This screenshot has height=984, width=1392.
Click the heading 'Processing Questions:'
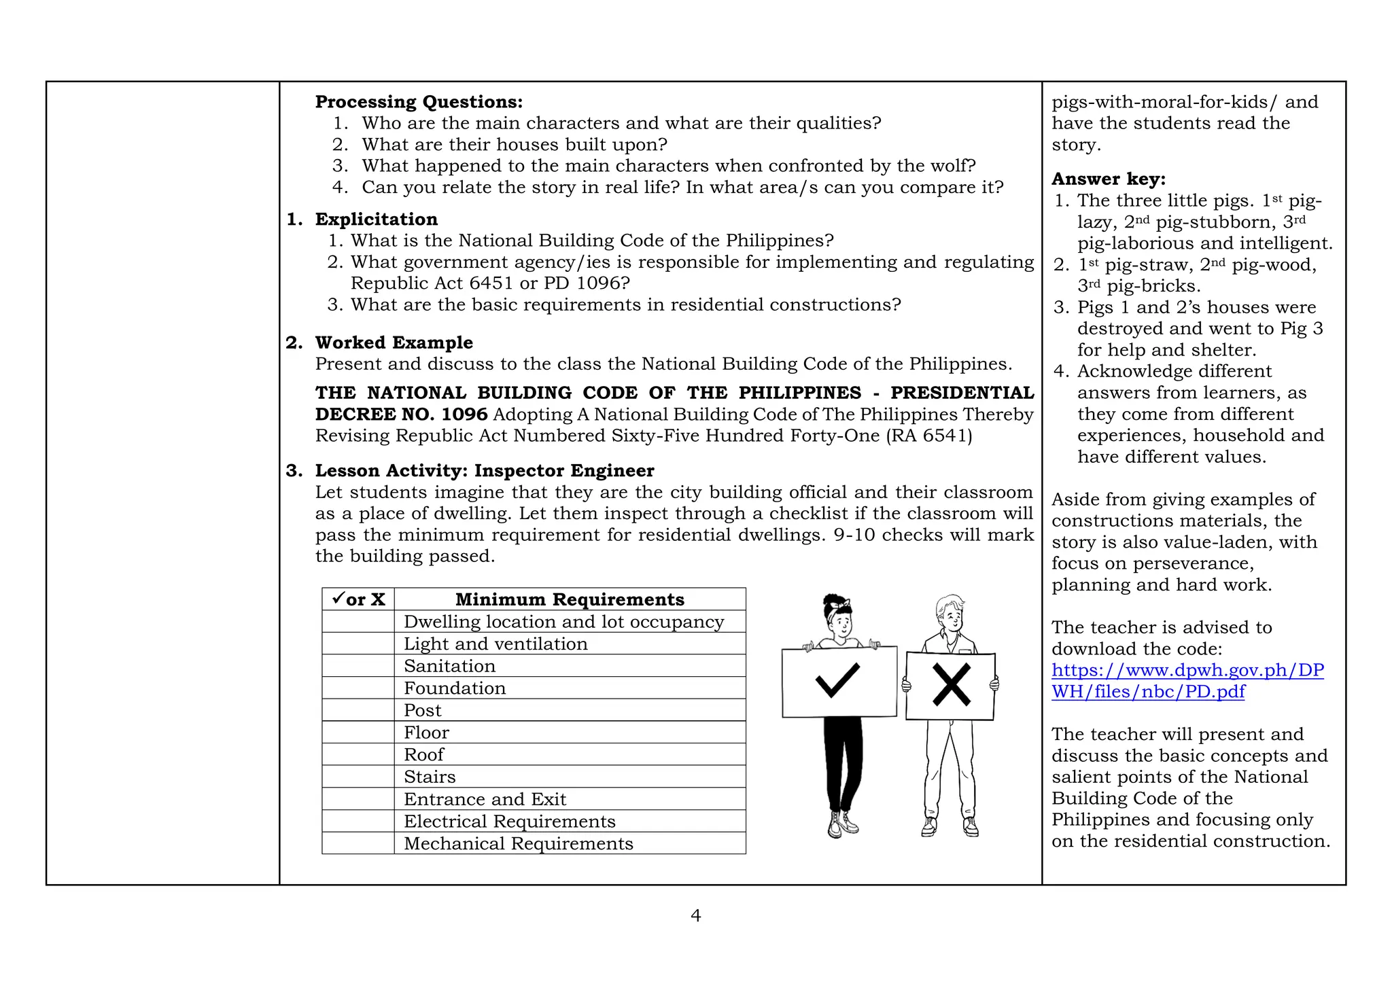(419, 102)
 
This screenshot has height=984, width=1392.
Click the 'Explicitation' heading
(376, 219)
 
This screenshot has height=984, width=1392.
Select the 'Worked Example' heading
(394, 342)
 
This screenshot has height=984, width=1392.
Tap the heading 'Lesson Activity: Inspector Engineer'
(484, 471)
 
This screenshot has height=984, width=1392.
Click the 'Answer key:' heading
(1108, 179)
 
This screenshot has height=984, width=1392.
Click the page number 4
(695, 916)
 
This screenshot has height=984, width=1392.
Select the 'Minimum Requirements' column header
(570, 599)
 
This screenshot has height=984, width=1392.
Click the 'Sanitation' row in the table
(450, 666)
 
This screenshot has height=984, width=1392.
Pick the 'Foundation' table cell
(455, 688)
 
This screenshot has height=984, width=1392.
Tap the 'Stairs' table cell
(430, 777)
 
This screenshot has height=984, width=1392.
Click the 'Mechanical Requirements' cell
(518, 843)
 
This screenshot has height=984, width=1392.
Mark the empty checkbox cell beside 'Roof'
(358, 755)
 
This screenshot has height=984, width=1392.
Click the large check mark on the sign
(837, 680)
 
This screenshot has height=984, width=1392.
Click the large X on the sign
(951, 685)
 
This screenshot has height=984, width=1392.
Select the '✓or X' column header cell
(358, 599)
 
